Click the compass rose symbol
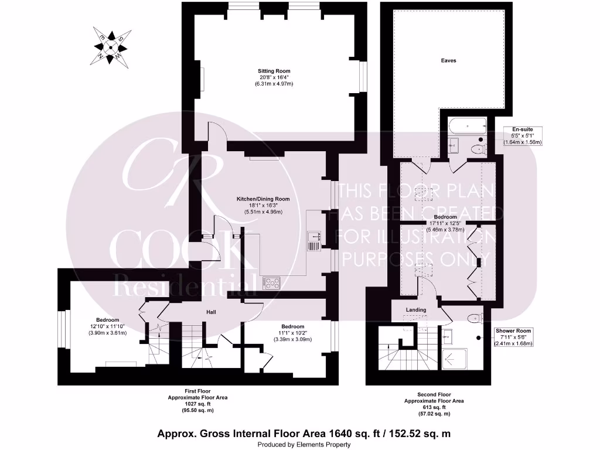(110, 45)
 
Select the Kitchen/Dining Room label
(263, 199)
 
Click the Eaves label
(448, 60)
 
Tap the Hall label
(211, 312)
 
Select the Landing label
(416, 309)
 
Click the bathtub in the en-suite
(467, 125)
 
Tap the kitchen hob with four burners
(272, 283)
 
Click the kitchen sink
(314, 237)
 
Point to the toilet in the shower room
(475, 319)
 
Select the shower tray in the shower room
(454, 362)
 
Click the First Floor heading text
(197, 391)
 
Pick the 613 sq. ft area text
(434, 407)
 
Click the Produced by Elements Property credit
(304, 445)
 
